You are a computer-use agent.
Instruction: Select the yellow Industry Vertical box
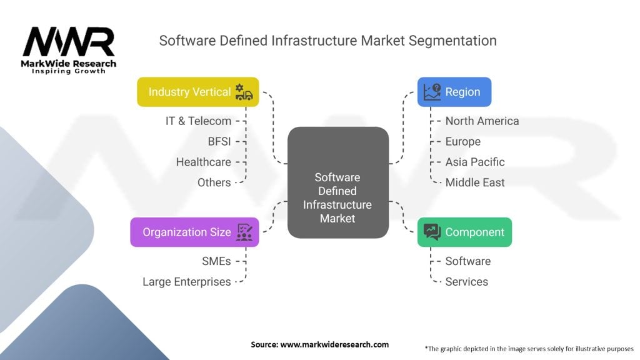coord(197,92)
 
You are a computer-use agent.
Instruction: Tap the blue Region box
coord(454,92)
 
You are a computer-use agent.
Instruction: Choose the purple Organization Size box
coord(194,232)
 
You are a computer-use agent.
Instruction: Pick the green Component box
coord(464,232)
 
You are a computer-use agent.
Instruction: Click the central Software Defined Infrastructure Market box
coord(337,182)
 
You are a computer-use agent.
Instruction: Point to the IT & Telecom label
coord(198,121)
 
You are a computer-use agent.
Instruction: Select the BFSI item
coord(219,142)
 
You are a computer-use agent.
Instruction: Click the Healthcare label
coord(204,162)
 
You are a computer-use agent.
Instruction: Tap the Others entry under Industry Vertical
coord(214,183)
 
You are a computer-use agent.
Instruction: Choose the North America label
coord(482,121)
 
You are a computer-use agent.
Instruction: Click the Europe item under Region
coord(463,142)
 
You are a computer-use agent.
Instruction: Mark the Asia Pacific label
coord(475,162)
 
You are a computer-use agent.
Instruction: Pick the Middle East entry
coord(475,183)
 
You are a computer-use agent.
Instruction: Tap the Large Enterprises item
coord(187,282)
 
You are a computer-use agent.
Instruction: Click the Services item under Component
coord(467,282)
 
